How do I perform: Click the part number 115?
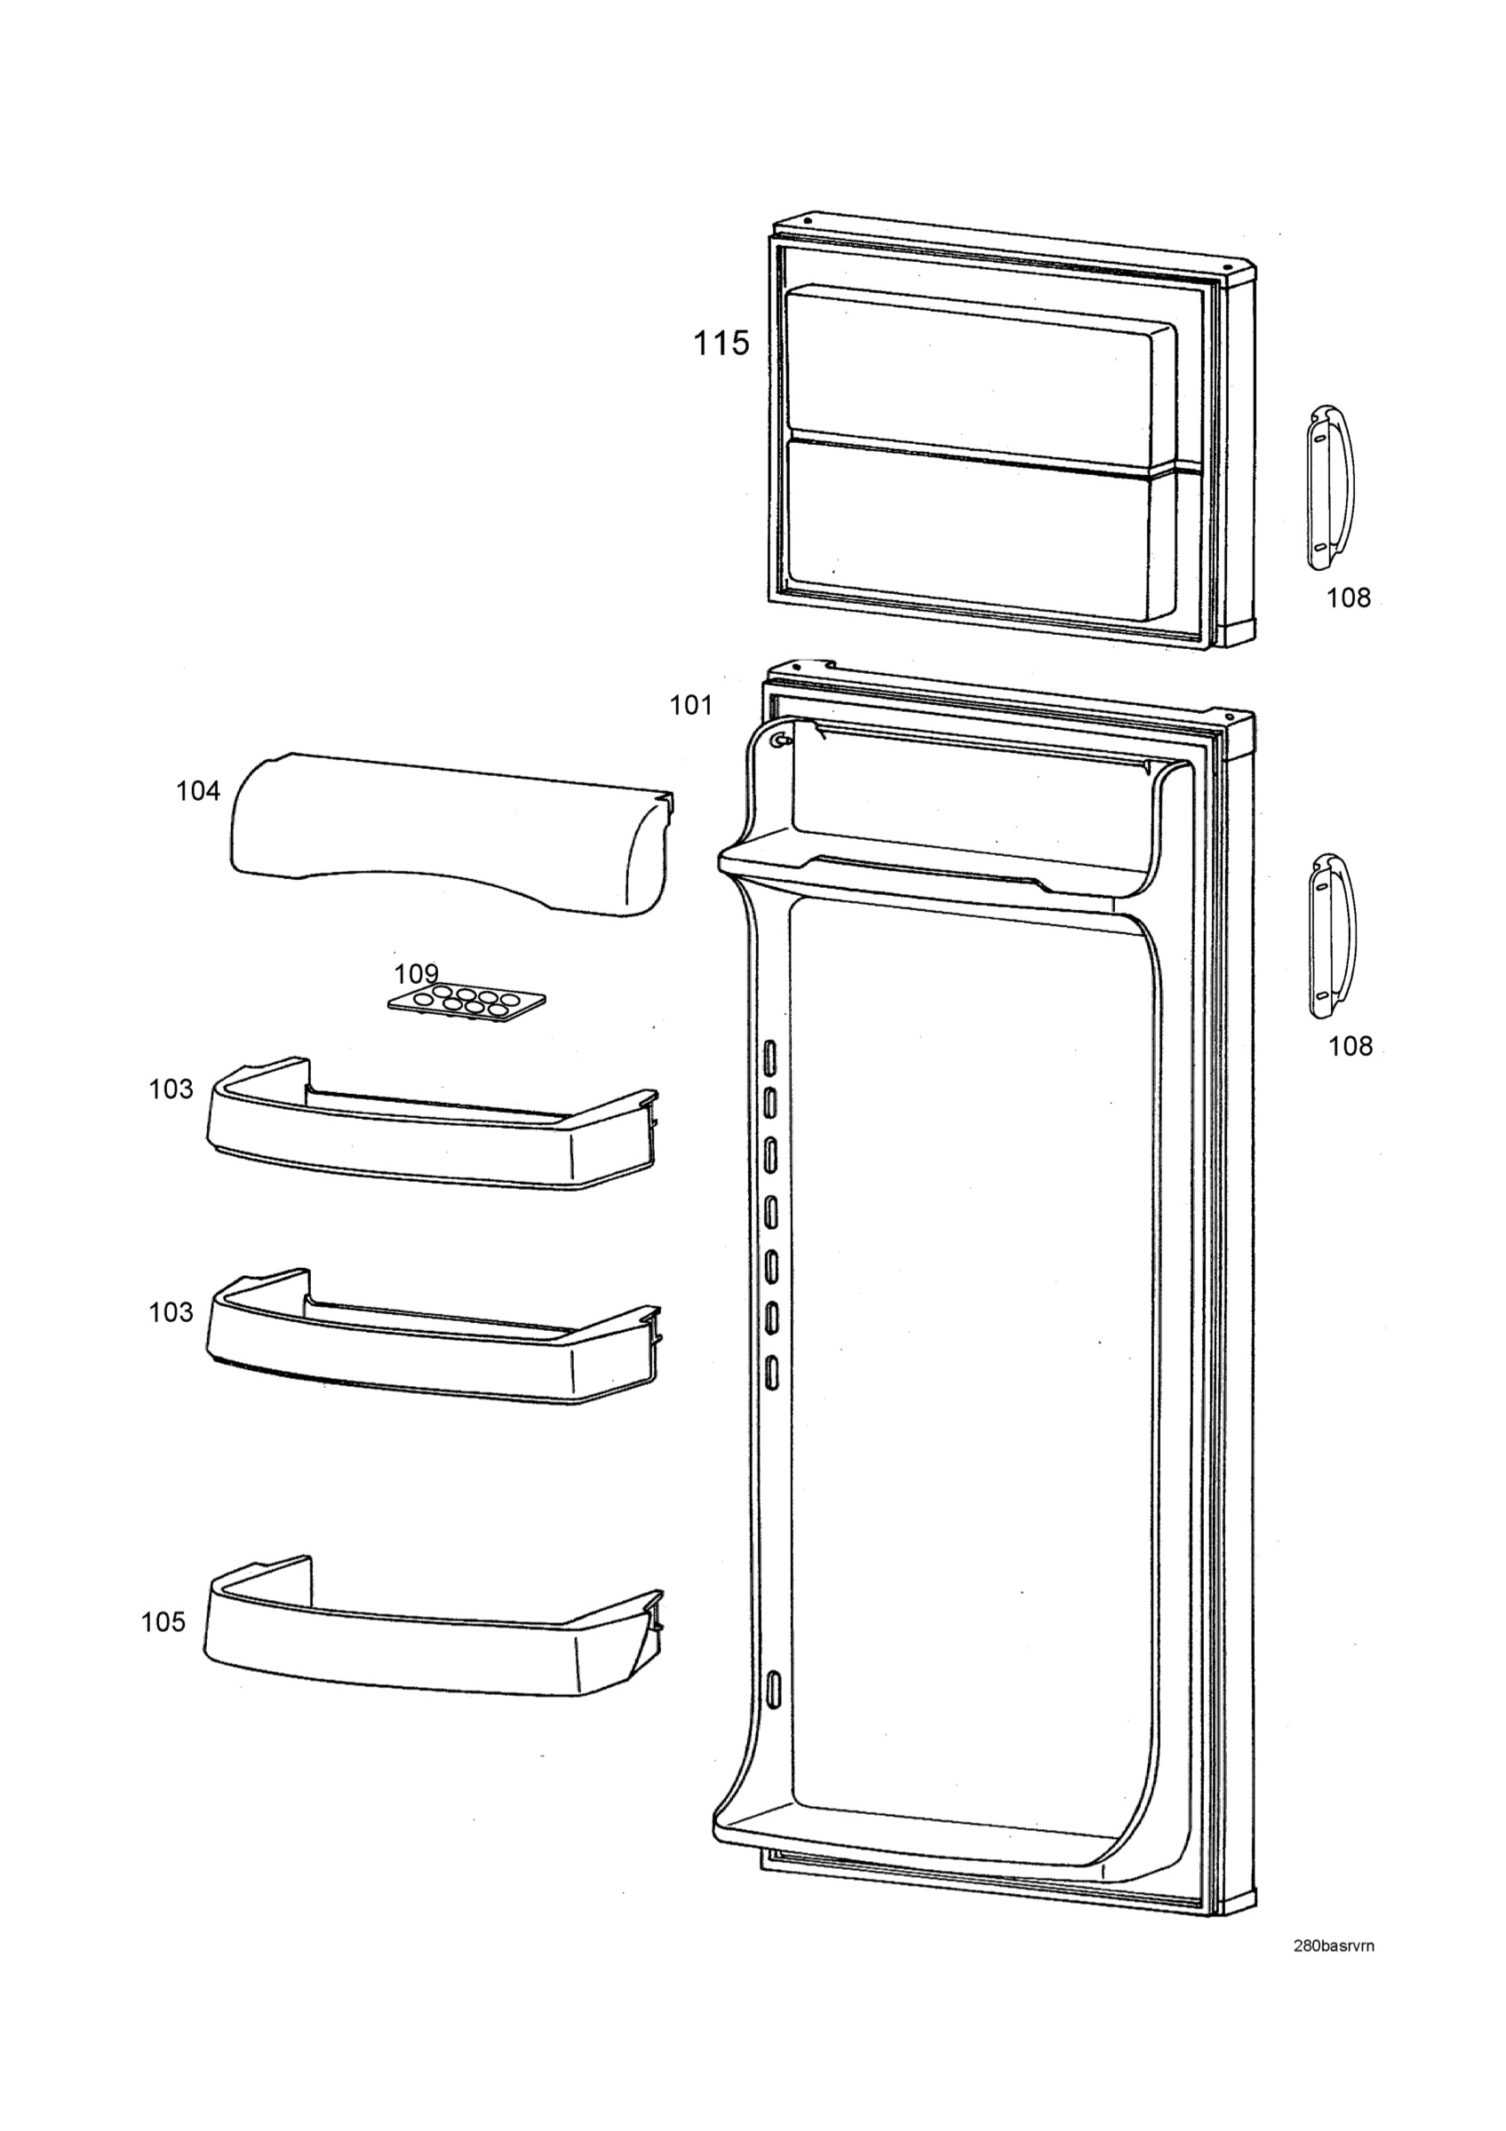pyautogui.click(x=721, y=344)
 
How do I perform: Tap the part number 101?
pyautogui.click(x=692, y=706)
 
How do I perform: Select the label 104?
pyautogui.click(x=199, y=792)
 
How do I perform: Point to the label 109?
pyautogui.click(x=416, y=974)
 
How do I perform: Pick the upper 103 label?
pyautogui.click(x=171, y=1089)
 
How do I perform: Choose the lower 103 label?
pyautogui.click(x=171, y=1311)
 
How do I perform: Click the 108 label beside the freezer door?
pyautogui.click(x=1349, y=598)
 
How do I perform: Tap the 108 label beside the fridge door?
pyautogui.click(x=1350, y=1046)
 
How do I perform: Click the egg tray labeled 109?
pyautogui.click(x=466, y=1002)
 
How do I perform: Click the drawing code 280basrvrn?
pyautogui.click(x=1335, y=1939)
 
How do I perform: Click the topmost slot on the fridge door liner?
pyautogui.click(x=769, y=1057)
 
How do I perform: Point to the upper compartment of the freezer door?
pyautogui.click(x=975, y=371)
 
